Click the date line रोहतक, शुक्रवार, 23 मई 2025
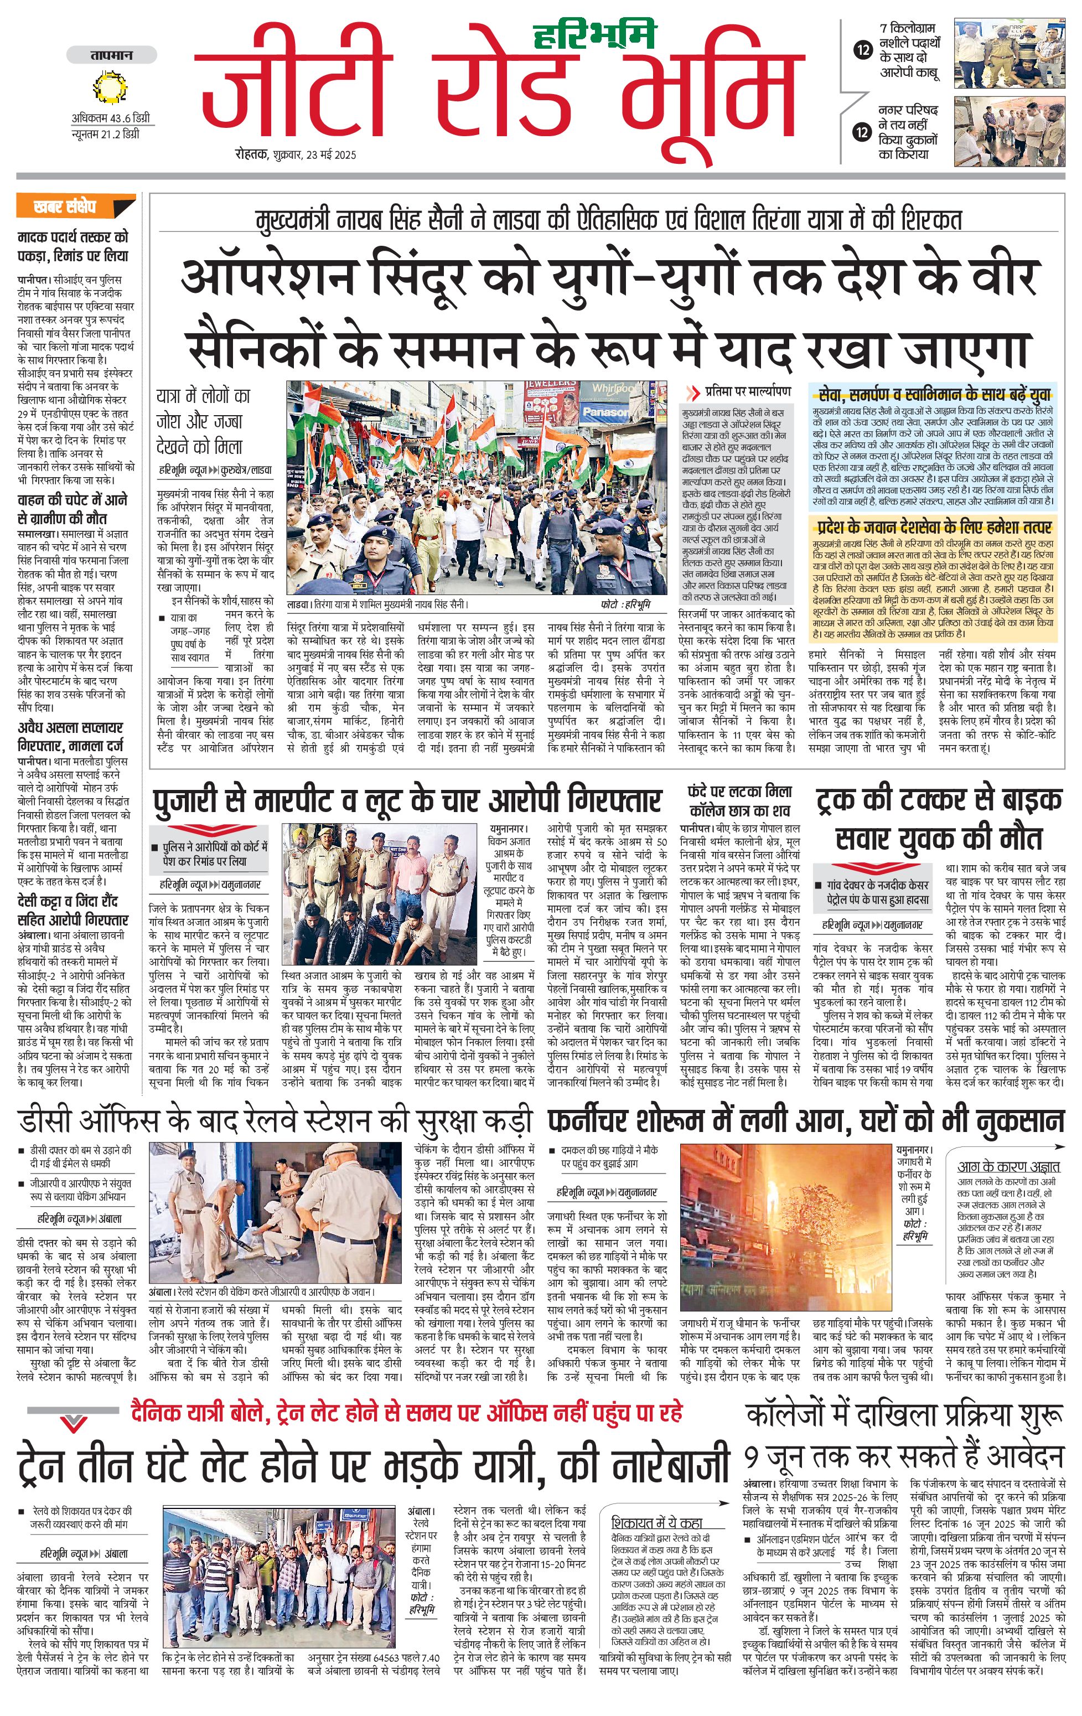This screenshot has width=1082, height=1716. pos(296,154)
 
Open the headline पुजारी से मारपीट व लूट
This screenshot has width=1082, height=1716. pos(407,802)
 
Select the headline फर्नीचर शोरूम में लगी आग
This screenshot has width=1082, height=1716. pos(805,1121)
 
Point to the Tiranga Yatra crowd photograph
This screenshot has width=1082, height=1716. pos(477,489)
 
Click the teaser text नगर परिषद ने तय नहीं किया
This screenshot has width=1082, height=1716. pos(908,132)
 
